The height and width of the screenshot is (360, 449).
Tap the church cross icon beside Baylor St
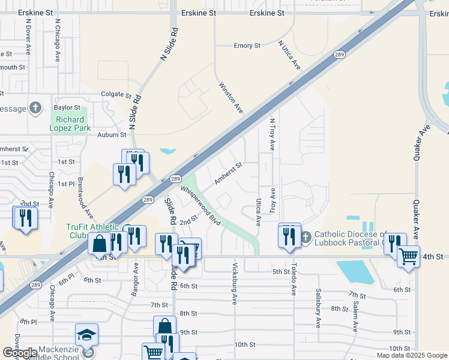(x=35, y=108)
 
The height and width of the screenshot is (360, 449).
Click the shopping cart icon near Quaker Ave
(x=408, y=256)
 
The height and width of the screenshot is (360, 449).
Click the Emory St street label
(x=247, y=46)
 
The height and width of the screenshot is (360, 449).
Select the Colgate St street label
(x=116, y=95)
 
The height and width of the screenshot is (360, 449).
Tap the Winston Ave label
(x=231, y=98)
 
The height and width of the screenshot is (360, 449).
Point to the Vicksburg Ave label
(x=235, y=283)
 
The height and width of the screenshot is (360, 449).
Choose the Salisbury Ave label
(x=318, y=307)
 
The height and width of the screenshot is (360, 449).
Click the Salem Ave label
(x=355, y=316)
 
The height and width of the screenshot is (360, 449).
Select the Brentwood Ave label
(x=85, y=197)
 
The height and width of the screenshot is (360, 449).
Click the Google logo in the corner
(x=20, y=353)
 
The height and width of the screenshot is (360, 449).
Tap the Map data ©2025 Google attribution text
(x=411, y=355)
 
